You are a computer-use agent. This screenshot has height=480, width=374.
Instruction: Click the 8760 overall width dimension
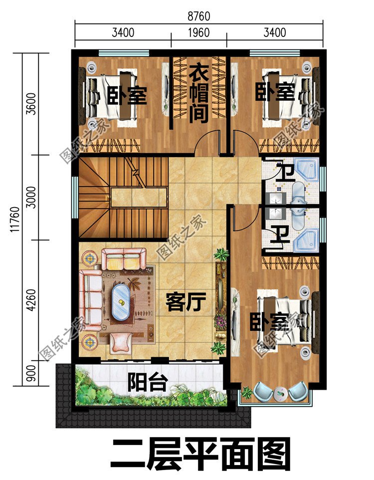coord(199,16)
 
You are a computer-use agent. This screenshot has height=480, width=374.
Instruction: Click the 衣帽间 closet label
coord(198,95)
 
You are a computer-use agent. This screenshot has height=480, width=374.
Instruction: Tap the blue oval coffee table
coord(121,301)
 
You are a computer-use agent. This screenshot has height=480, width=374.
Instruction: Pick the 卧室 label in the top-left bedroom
coord(127,95)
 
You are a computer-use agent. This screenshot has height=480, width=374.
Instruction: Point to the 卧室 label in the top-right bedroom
coord(275,92)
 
